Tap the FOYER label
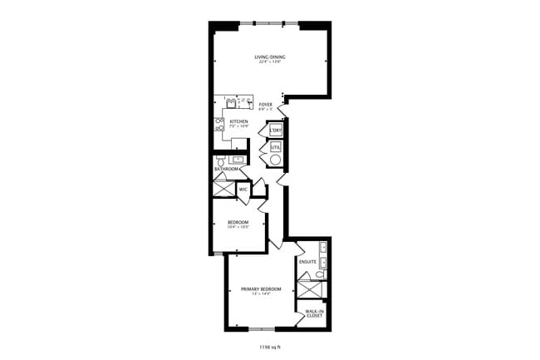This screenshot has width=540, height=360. click(x=266, y=106)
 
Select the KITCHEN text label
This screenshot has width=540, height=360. click(x=239, y=122)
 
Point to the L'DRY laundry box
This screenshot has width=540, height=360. click(x=276, y=131)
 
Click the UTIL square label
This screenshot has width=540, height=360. click(x=276, y=147)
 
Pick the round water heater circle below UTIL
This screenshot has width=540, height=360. click(x=276, y=159)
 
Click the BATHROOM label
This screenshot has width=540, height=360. click(x=227, y=169)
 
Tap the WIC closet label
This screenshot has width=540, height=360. click(x=243, y=190)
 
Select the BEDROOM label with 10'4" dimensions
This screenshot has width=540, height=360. click(x=238, y=224)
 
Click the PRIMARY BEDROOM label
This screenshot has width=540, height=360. click(x=261, y=290)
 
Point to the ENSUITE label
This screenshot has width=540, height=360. click(x=308, y=262)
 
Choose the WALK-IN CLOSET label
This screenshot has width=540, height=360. click(x=314, y=313)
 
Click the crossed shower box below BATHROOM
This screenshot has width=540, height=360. click(x=223, y=188)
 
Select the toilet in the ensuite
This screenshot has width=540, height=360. click(x=320, y=274)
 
